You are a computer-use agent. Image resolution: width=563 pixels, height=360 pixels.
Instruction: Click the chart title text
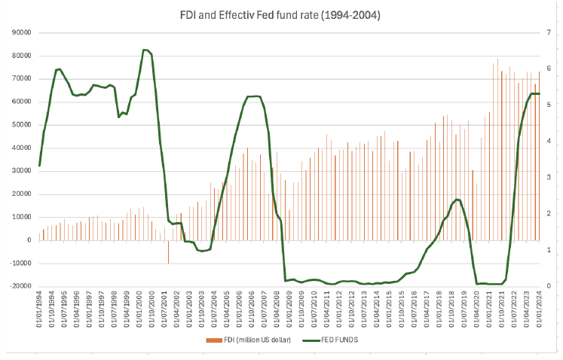pos(280,15)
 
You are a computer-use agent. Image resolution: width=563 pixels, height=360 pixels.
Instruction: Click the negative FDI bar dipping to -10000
pos(168,252)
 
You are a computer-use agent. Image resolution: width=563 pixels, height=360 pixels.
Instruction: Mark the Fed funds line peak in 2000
pos(145,50)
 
